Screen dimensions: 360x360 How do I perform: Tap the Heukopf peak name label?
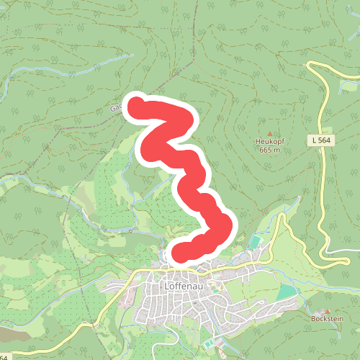click(x=270, y=142)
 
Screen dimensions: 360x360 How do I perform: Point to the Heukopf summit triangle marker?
click(x=270, y=134)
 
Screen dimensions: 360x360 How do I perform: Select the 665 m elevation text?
click(x=269, y=150)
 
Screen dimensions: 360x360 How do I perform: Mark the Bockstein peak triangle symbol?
click(x=327, y=310)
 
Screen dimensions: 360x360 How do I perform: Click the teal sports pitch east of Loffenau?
click(x=286, y=292)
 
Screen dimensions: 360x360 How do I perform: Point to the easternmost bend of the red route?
click(x=227, y=225)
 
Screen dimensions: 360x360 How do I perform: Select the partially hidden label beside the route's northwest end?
click(x=115, y=109)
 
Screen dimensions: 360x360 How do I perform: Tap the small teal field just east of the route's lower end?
click(x=256, y=240)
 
